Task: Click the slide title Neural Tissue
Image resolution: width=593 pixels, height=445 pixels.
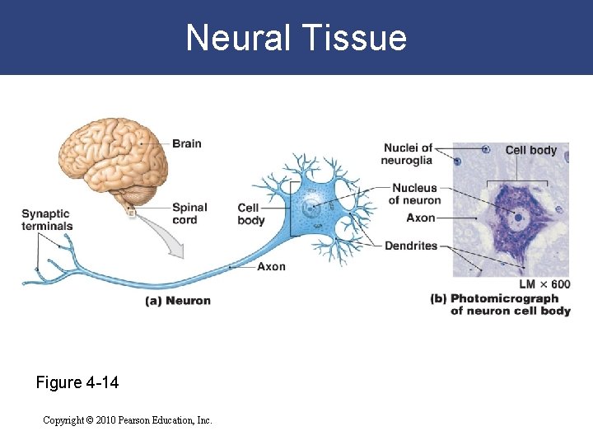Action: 296,38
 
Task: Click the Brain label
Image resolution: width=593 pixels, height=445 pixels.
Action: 186,143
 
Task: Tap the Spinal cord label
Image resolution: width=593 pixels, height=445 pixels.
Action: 189,213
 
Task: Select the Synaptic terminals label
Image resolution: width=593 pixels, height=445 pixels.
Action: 47,220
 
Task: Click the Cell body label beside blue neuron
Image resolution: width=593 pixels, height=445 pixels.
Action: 250,214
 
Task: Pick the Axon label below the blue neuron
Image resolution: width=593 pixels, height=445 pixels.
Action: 271,267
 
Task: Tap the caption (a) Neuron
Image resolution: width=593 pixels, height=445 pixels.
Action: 178,301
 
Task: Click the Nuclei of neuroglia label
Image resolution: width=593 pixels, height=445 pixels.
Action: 408,154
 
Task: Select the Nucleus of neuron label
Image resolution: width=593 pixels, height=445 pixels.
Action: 414,194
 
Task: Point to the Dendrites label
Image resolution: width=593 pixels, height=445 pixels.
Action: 411,246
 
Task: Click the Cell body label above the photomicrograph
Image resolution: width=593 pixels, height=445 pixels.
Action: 530,150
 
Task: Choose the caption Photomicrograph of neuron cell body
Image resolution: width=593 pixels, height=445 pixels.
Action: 501,305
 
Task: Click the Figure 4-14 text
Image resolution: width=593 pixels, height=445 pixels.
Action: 77,383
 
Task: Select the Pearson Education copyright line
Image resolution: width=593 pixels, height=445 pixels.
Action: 128,420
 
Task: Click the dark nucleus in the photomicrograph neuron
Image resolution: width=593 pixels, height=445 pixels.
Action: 518,218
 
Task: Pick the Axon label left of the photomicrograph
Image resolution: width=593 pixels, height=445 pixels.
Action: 421,218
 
